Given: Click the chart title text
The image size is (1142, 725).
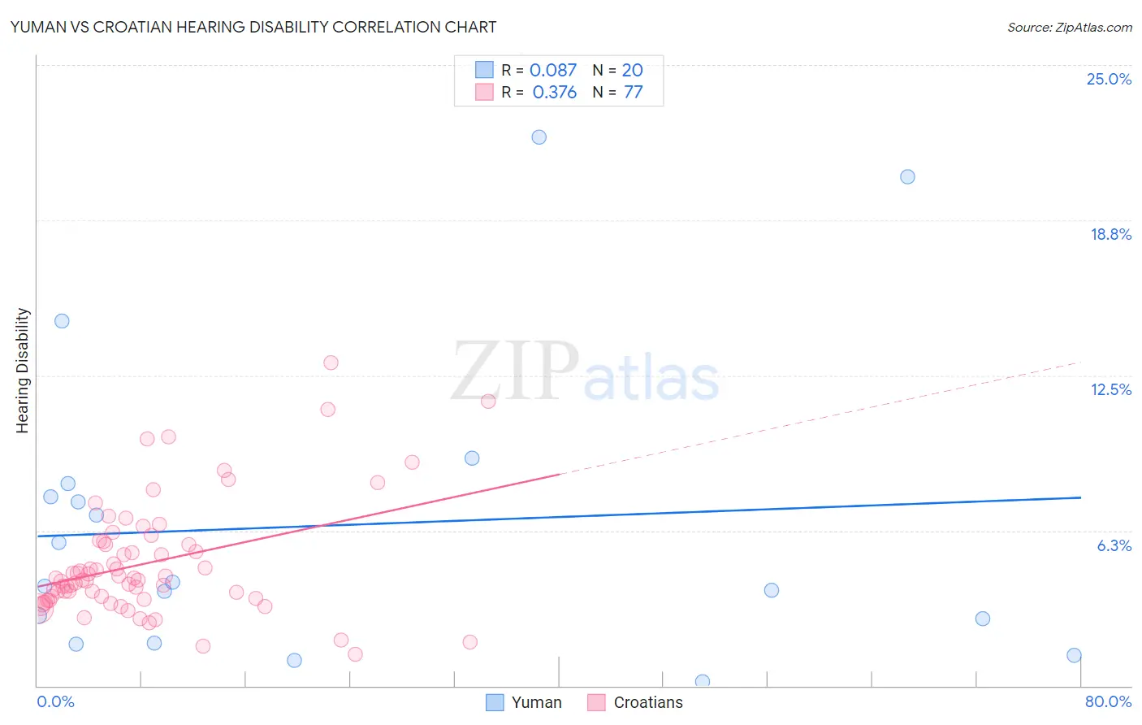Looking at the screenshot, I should pyautogui.click(x=253, y=27).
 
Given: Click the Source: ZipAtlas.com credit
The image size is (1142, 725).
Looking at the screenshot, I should pyautogui.click(x=1069, y=27).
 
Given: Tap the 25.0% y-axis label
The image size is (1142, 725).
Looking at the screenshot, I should pyautogui.click(x=1109, y=79).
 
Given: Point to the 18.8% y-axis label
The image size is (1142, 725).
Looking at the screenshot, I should pyautogui.click(x=1110, y=234).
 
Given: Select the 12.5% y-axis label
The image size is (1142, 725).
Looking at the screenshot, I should pyautogui.click(x=1110, y=389).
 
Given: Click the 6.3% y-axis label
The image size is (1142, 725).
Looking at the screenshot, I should pyautogui.click(x=1114, y=545).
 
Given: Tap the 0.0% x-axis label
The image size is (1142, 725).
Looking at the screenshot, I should pyautogui.click(x=55, y=701).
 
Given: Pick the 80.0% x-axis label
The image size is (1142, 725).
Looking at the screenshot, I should pyautogui.click(x=1108, y=701).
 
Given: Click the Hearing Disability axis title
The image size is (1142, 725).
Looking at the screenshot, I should pyautogui.click(x=23, y=371).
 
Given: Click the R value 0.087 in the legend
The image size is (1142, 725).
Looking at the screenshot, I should pyautogui.click(x=552, y=71).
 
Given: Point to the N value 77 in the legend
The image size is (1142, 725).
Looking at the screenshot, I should pyautogui.click(x=633, y=93).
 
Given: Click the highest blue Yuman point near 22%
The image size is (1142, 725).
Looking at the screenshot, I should pyautogui.click(x=539, y=137).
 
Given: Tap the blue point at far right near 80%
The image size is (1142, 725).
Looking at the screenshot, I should pyautogui.click(x=1074, y=655).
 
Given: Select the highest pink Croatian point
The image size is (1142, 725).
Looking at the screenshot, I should pyautogui.click(x=331, y=362).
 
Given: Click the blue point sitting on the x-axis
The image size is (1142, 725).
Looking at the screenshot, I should pyautogui.click(x=703, y=681).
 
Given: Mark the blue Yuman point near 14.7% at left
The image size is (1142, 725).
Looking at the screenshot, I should pyautogui.click(x=62, y=321).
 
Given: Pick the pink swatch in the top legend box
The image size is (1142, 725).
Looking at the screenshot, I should pyautogui.click(x=484, y=92).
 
